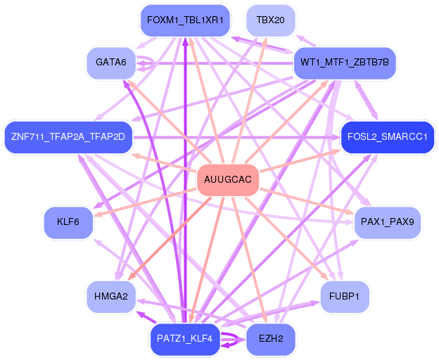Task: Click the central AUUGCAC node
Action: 227,181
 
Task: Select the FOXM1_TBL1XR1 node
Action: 185,20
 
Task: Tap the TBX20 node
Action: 270,20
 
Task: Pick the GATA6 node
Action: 110,63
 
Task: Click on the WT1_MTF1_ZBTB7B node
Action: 344,63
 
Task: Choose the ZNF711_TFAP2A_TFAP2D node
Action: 68,136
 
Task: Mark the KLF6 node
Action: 68,223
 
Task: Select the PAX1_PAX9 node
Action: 387,223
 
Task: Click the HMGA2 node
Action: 110,296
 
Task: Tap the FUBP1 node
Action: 344,296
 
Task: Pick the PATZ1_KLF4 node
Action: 185,339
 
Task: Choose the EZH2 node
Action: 270,339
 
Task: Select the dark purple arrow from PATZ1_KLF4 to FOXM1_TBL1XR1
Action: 185,176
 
